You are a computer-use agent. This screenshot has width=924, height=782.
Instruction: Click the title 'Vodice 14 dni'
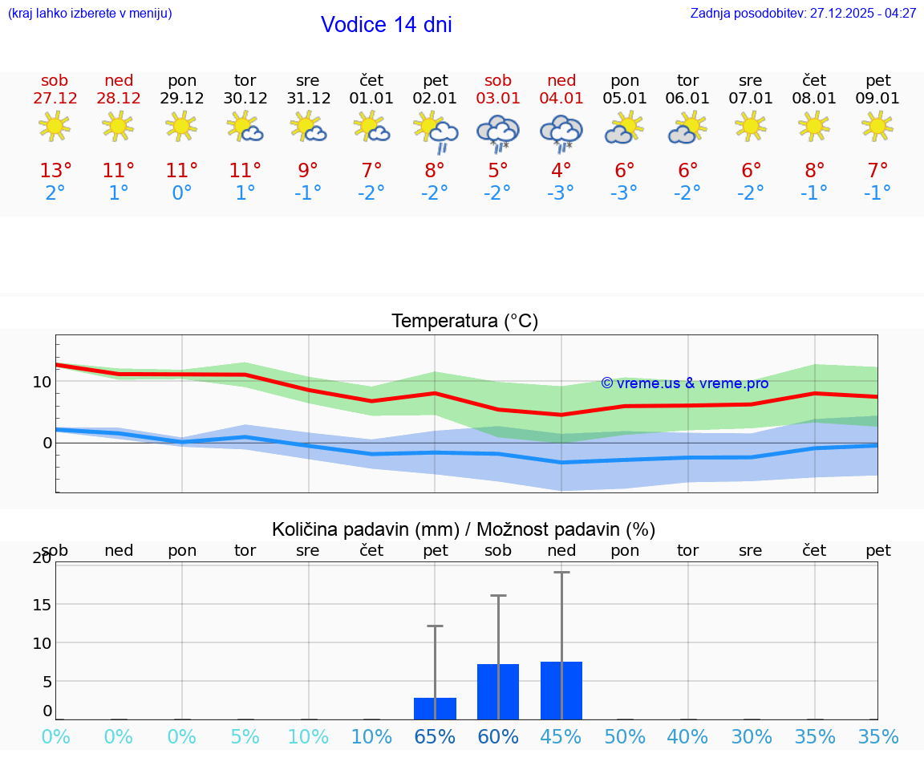(x=386, y=25)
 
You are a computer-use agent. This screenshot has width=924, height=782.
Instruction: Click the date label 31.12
(x=308, y=99)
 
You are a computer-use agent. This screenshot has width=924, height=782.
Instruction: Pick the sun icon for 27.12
(x=55, y=126)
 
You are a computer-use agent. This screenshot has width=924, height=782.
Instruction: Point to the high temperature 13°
(x=55, y=171)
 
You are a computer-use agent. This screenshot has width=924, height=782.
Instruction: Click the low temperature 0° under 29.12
(x=182, y=193)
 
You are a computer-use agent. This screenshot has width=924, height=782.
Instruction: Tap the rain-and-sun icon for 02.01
(x=436, y=132)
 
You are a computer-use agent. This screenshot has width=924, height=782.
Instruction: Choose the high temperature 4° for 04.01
(x=561, y=171)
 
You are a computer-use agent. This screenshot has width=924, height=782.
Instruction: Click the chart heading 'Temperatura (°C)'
(x=464, y=322)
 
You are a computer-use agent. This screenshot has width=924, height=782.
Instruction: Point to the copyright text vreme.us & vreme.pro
(x=684, y=383)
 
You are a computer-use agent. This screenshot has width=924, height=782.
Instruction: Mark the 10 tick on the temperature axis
(x=42, y=381)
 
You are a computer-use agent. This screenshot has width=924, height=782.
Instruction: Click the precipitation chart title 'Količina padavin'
(x=365, y=529)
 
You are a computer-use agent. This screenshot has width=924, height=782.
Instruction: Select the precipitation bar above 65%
(x=435, y=708)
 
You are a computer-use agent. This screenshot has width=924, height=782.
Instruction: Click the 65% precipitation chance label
(x=435, y=737)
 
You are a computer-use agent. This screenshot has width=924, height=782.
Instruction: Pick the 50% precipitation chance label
(x=625, y=737)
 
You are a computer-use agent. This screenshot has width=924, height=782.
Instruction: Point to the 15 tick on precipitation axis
(x=42, y=604)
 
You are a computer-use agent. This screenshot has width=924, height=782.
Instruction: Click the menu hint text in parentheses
(x=90, y=14)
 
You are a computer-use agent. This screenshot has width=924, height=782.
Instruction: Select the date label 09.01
(x=878, y=99)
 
